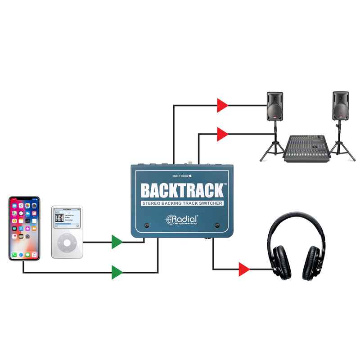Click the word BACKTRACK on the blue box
[x=182, y=190]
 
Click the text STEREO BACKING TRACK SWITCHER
[x=183, y=204]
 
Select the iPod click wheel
[x=67, y=243]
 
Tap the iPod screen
[x=67, y=221]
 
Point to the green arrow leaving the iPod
[x=117, y=242]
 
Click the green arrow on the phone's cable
[x=117, y=272]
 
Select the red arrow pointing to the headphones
[x=244, y=269]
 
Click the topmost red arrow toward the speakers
[x=222, y=105]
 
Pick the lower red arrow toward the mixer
[x=222, y=134]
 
